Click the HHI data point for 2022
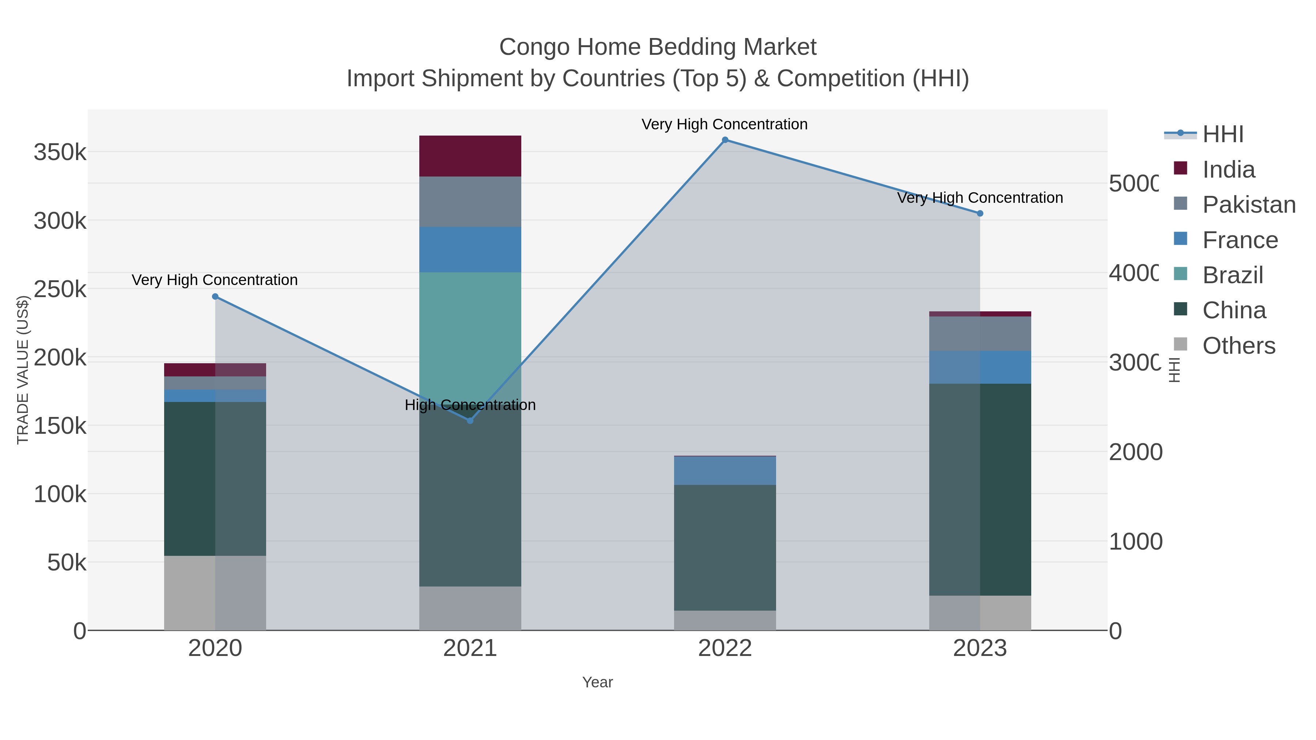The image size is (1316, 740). pos(725,140)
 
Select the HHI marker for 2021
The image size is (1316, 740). pos(470,420)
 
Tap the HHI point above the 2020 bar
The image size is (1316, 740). pos(215,297)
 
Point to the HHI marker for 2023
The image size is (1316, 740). pos(980,213)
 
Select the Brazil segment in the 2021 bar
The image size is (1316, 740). pos(470,332)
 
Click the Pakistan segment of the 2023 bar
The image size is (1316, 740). pos(980,334)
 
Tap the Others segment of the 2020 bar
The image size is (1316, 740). pos(215,592)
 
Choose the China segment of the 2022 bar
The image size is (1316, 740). pos(725,547)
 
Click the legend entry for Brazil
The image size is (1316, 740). pos(1232,275)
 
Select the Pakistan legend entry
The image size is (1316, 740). pos(1249,205)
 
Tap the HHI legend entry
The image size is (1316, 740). pos(1222,134)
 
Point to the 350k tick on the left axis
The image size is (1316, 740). pos(60,152)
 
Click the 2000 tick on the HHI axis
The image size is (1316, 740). pos(1135,452)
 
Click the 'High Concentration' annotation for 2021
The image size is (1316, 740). pos(470,405)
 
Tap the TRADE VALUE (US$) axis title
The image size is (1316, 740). pos(22,370)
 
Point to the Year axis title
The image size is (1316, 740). pos(597,682)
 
